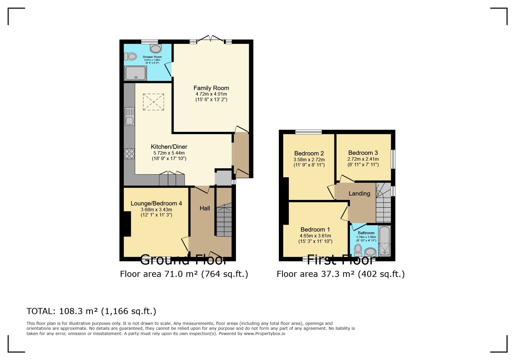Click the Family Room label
(211, 88)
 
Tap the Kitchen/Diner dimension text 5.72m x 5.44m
(169, 153)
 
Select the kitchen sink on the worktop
(130, 117)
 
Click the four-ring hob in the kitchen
(129, 154)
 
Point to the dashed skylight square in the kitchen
(154, 102)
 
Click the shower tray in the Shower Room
(136, 73)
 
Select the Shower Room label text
(152, 57)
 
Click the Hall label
(205, 208)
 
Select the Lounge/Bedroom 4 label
(156, 203)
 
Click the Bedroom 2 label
(309, 153)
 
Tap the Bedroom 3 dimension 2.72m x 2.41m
(363, 159)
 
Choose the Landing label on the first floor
(359, 194)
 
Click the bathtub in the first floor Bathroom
(384, 241)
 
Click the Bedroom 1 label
(315, 230)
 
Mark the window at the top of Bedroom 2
(309, 132)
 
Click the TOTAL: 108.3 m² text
(91, 311)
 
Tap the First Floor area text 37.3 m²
(341, 274)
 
